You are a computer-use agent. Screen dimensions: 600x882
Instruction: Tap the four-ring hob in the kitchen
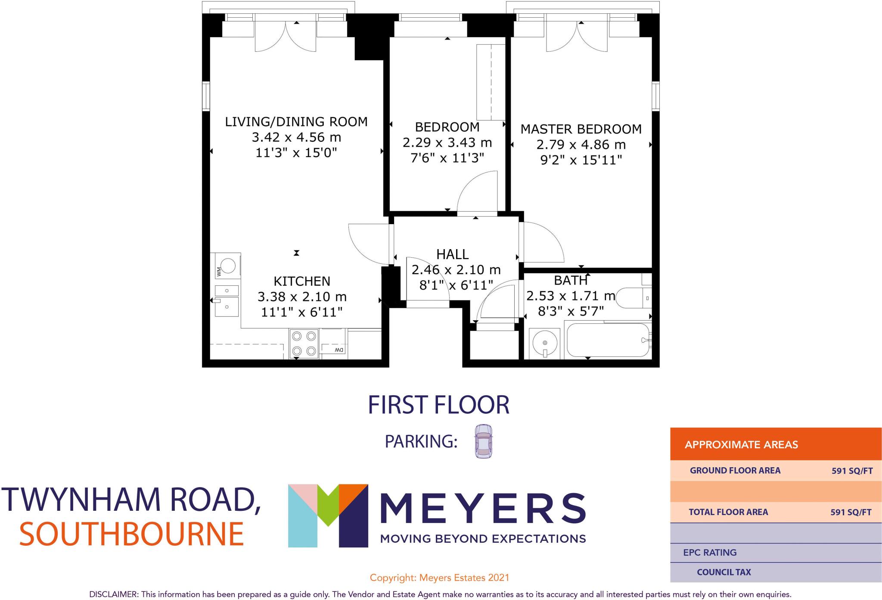[304, 344]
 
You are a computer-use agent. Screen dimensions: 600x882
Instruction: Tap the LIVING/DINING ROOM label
[296, 122]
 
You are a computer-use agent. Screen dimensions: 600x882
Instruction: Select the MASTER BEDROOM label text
[581, 129]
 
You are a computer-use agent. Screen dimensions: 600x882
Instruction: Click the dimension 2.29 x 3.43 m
[447, 143]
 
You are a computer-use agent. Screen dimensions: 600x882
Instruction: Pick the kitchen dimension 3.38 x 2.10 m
[302, 297]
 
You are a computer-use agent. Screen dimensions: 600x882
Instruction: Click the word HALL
[452, 254]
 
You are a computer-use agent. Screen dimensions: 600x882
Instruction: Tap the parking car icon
[483, 441]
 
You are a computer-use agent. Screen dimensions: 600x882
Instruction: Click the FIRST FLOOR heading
[438, 405]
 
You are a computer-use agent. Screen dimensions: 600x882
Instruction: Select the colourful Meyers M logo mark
[328, 515]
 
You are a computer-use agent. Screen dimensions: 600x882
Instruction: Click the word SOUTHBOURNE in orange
[131, 534]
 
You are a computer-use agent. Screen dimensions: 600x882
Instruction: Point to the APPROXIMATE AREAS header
[741, 445]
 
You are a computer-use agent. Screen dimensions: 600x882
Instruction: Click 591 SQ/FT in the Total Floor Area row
[851, 512]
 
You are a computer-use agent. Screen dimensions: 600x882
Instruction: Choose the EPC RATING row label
[710, 553]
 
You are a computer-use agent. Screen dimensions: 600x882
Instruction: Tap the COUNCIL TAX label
[724, 572]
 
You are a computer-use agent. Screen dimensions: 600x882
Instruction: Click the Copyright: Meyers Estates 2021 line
[439, 578]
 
